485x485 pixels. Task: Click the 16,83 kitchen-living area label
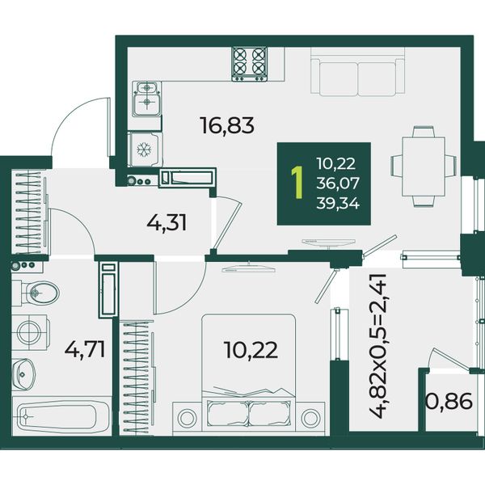[227, 125]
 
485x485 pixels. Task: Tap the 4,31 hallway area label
[167, 223]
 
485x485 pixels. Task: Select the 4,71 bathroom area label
[85, 348]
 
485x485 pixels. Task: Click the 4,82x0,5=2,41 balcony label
[378, 346]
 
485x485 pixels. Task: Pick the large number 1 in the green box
[297, 183]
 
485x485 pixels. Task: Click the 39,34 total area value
[338, 204]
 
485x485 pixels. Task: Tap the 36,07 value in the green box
[338, 183]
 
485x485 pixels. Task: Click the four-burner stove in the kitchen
[250, 65]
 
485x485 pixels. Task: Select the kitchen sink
[147, 99]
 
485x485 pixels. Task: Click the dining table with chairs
[423, 167]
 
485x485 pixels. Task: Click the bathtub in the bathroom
[61, 416]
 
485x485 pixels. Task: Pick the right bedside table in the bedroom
[310, 418]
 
